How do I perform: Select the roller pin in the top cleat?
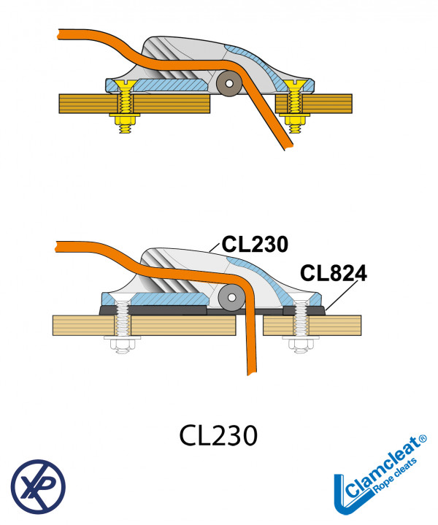point(231,84)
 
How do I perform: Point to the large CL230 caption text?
point(219,435)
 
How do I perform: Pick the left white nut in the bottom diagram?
point(120,341)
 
